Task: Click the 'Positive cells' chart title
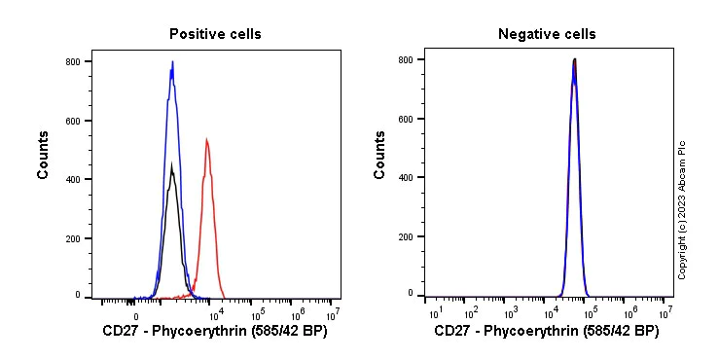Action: tap(215, 34)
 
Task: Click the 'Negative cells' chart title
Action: tap(547, 34)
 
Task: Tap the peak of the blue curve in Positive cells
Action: tap(172, 62)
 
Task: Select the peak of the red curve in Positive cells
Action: tap(207, 139)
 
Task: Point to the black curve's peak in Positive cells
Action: tap(171, 164)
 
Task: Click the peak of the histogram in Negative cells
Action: tap(574, 59)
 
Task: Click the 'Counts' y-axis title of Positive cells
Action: tap(44, 155)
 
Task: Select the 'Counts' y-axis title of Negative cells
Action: tap(380, 155)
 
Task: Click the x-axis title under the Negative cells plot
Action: tap(546, 332)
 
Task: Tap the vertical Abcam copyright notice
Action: tap(682, 208)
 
